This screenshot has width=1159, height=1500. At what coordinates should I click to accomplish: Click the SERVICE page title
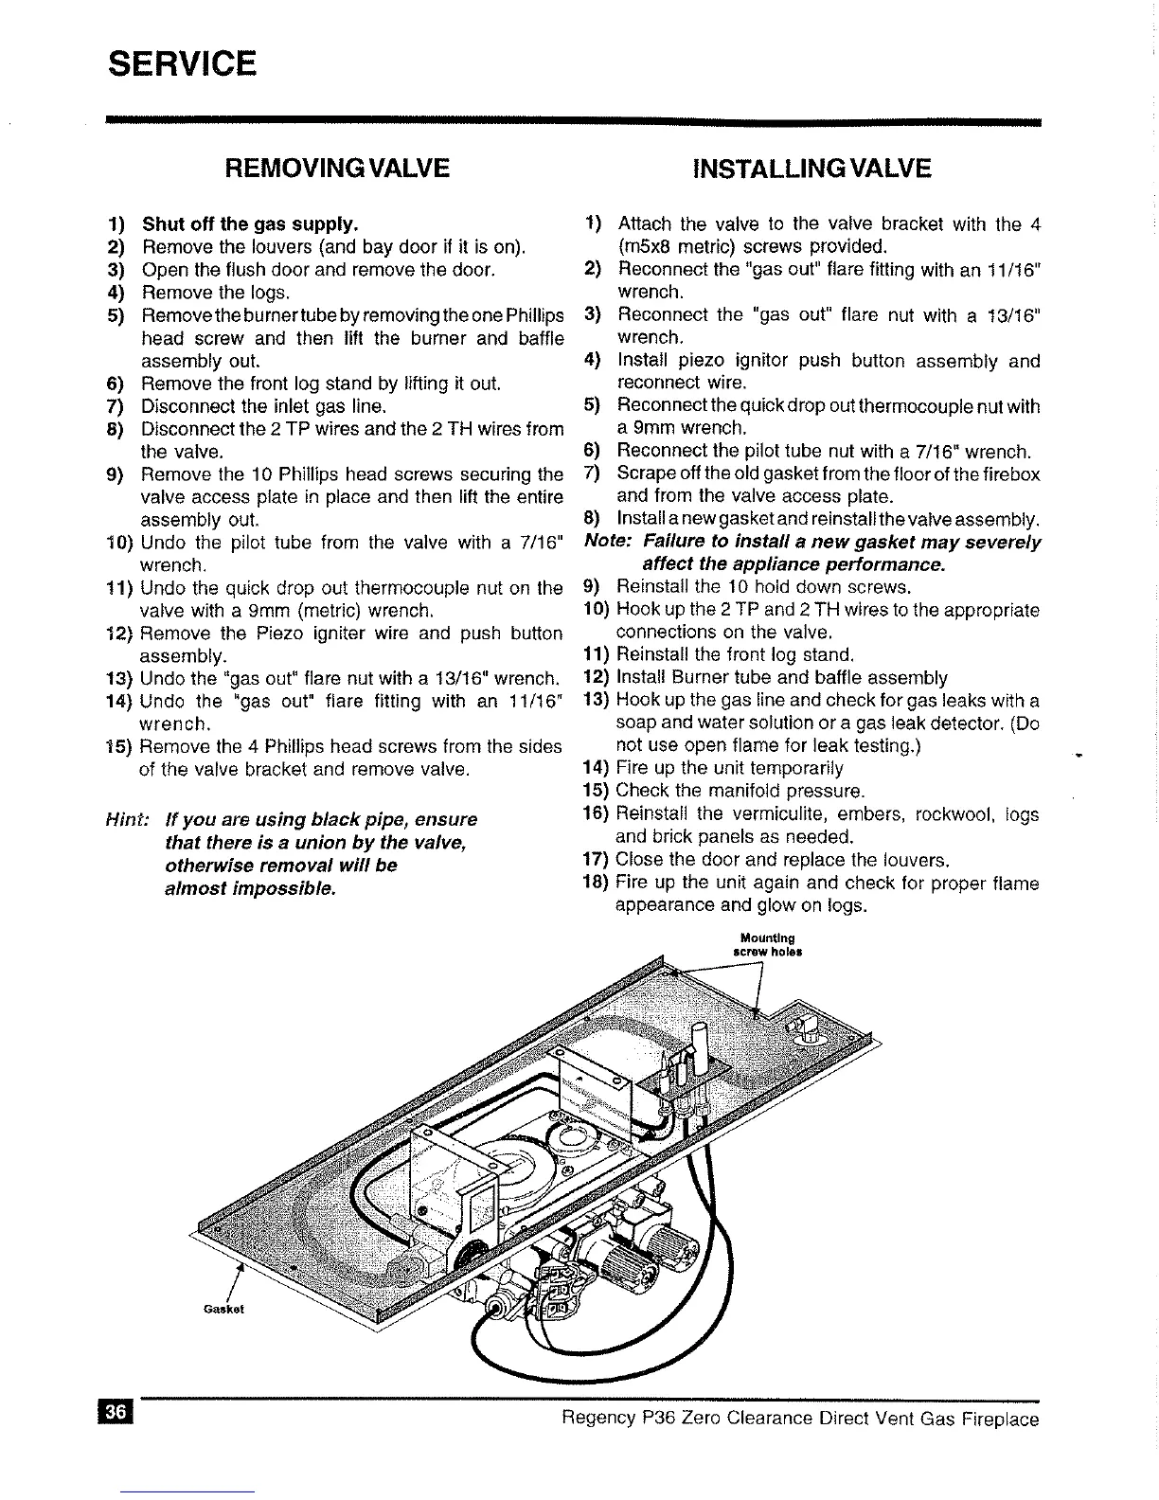(x=182, y=64)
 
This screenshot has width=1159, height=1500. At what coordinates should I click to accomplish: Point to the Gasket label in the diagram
(x=224, y=1310)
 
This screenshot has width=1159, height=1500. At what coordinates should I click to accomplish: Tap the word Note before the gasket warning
(x=609, y=543)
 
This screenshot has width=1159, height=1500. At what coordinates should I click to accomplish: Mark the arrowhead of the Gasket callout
(x=239, y=1267)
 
